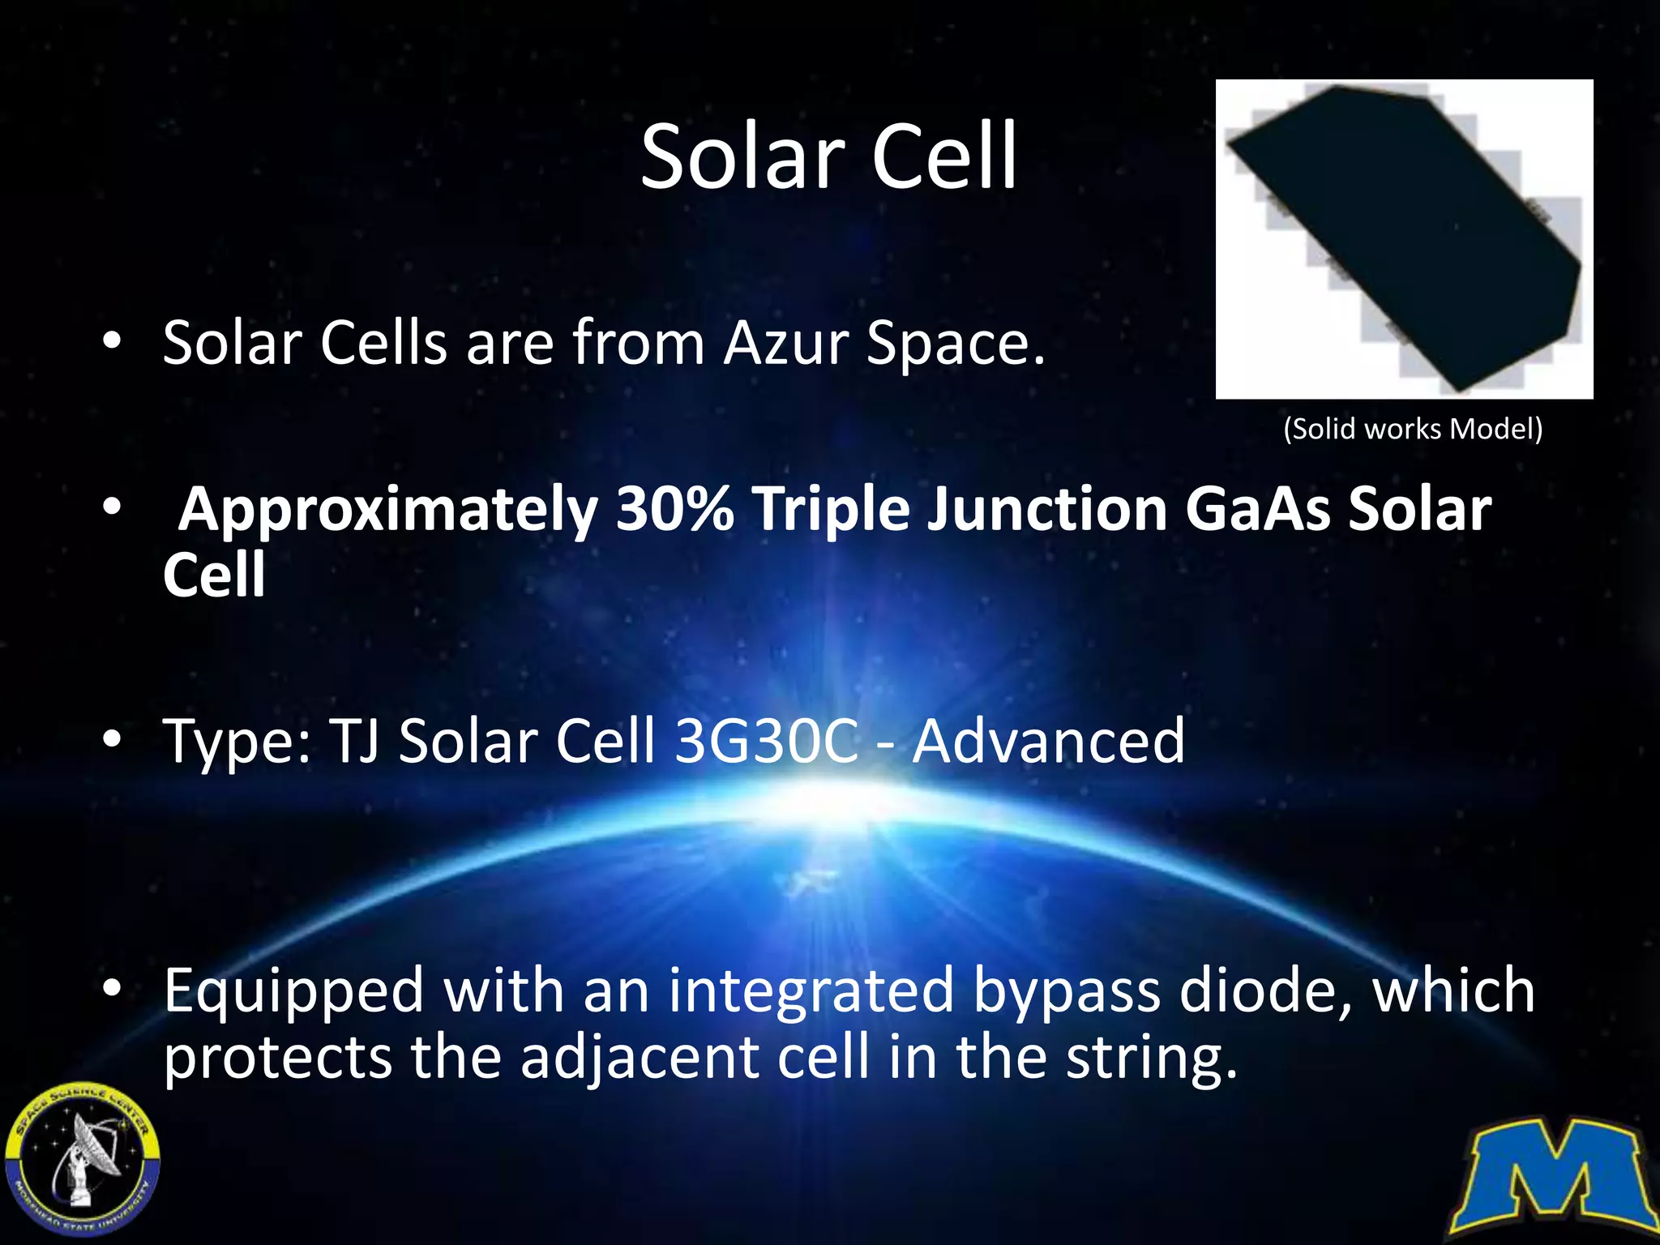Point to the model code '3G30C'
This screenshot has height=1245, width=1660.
click(x=766, y=741)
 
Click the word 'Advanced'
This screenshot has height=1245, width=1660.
click(x=1048, y=741)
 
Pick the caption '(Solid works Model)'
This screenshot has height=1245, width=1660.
click(x=1413, y=428)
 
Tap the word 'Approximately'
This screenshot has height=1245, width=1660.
click(x=388, y=511)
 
